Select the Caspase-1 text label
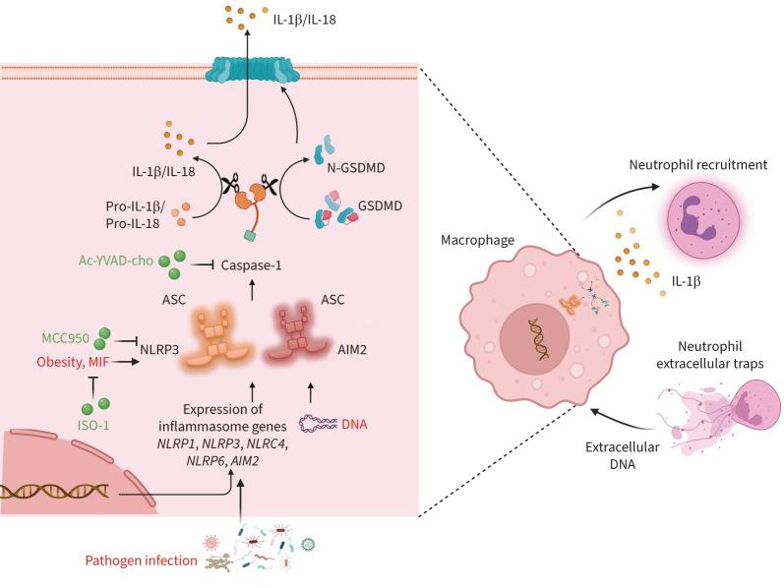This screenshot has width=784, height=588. [x=253, y=265]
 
